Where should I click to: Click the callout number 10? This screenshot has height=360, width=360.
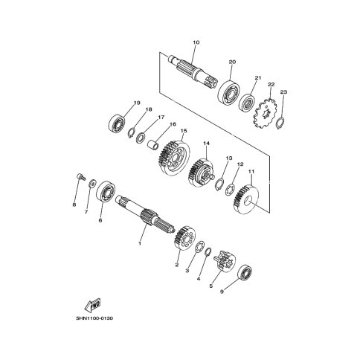[x=196, y=42]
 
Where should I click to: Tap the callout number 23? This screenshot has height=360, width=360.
[x=283, y=92]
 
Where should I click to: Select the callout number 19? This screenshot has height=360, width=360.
[x=137, y=103]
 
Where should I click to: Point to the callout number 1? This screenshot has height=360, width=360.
[x=140, y=243]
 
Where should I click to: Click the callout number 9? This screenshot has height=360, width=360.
[x=222, y=292]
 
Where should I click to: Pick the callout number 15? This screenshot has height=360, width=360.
[x=184, y=131]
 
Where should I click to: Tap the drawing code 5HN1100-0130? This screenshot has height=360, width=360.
[x=94, y=318]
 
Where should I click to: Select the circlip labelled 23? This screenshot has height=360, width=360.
[x=280, y=123]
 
